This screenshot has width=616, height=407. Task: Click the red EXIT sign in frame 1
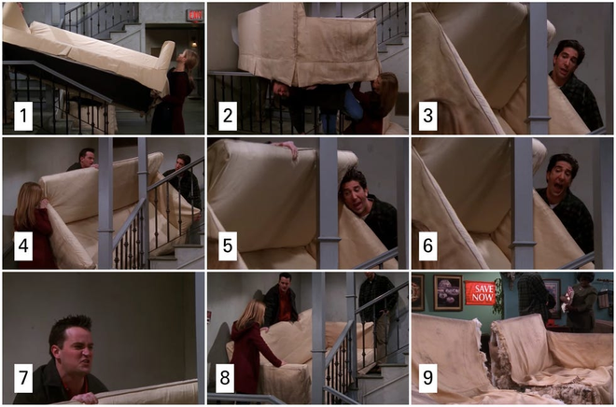[195, 15]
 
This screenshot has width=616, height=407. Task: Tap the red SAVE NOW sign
[481, 293]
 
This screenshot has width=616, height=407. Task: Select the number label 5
[228, 246]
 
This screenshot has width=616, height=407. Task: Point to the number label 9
[427, 378]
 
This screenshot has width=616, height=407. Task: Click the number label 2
[228, 116]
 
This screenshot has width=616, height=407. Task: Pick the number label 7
[23, 378]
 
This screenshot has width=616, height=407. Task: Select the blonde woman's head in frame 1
[188, 59]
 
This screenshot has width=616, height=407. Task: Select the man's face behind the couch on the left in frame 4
[87, 159]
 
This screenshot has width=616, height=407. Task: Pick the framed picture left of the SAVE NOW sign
[447, 293]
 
